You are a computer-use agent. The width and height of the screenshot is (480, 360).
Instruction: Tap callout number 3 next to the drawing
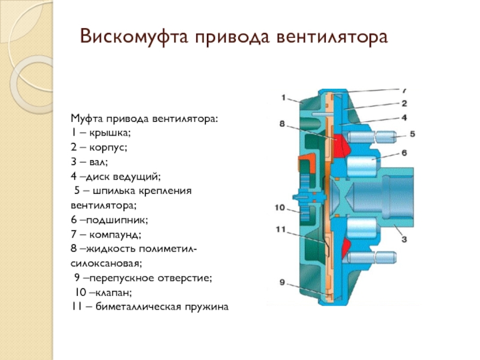(404, 239)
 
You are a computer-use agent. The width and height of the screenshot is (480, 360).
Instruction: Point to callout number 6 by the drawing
(404, 154)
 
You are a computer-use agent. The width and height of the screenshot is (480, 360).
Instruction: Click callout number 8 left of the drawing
(283, 124)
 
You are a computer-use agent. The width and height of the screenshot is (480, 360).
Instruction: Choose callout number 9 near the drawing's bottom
(282, 282)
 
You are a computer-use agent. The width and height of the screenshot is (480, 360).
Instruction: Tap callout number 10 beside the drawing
(281, 208)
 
